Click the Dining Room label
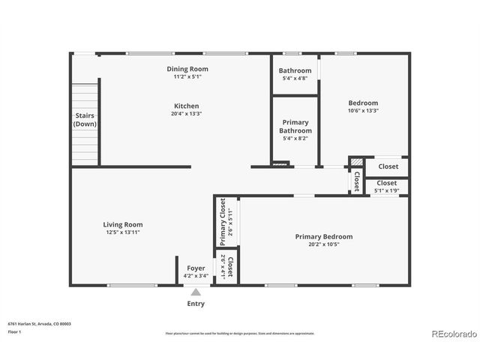coord(187,69)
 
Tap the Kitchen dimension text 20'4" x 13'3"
coord(187,113)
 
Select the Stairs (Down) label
coord(85,119)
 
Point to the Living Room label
coord(123,224)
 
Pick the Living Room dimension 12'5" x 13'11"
coord(123,232)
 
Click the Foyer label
coord(196,268)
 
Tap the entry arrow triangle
coord(196,292)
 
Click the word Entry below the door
coord(196,304)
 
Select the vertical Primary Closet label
coord(223,222)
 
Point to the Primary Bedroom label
coord(323,236)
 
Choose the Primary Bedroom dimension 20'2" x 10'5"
coord(323,244)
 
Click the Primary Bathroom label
coord(295,126)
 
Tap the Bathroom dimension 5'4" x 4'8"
coord(295,79)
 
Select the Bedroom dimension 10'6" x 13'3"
coord(363,111)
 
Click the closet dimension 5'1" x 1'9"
coord(387,191)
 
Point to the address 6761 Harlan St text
coord(39,324)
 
